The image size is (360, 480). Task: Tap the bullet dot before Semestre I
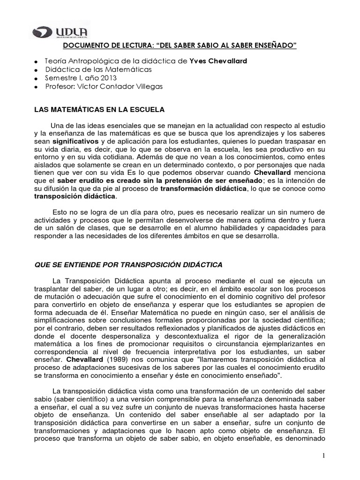tap(36, 79)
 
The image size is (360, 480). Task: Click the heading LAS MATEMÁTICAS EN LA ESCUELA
tap(100, 110)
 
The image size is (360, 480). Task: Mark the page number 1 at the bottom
tap(323, 456)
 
